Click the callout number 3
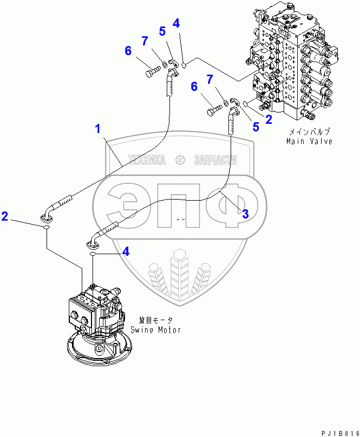(245, 214)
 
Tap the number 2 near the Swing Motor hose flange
(5, 216)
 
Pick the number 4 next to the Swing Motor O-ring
(126, 251)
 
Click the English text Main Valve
(309, 141)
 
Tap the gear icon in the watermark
(181, 160)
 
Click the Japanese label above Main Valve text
(309, 131)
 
